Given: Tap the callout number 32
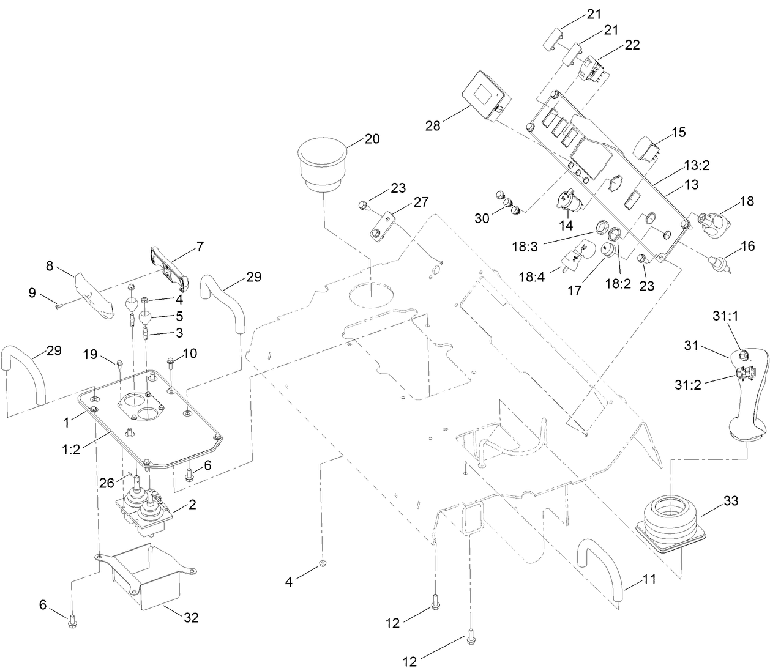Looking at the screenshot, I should pos(191,618).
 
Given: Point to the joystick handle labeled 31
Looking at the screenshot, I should pos(746,398).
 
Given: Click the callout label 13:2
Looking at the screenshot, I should pos(697,165).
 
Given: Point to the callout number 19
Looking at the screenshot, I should pos(91,354).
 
